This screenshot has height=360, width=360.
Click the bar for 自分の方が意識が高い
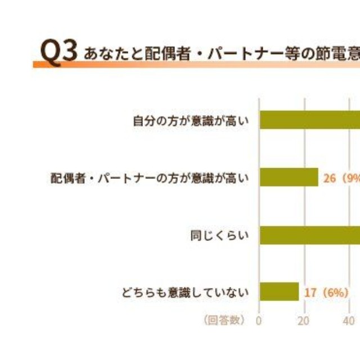point(309,120)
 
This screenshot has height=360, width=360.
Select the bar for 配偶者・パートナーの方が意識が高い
point(289,177)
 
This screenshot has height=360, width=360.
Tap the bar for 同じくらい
point(309,235)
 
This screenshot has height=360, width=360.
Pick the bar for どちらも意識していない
point(279,292)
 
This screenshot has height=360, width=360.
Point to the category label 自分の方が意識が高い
point(190,120)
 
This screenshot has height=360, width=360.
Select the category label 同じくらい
point(219,235)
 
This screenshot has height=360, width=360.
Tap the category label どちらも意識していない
point(184,292)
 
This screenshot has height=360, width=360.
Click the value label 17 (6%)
point(326,292)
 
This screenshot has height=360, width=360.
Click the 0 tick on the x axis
point(259,321)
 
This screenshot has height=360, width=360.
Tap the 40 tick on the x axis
point(349,321)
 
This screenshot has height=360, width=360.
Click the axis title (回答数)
point(224,320)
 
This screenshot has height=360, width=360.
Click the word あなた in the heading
point(105,54)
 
